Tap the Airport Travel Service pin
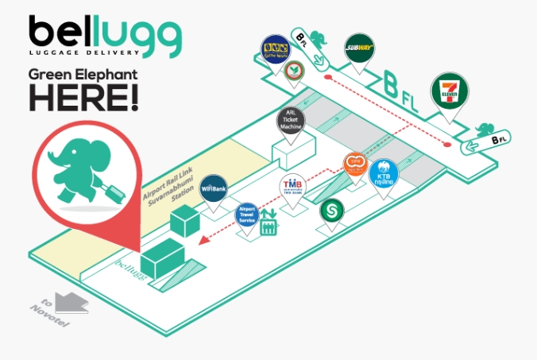pyautogui.click(x=248, y=215)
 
